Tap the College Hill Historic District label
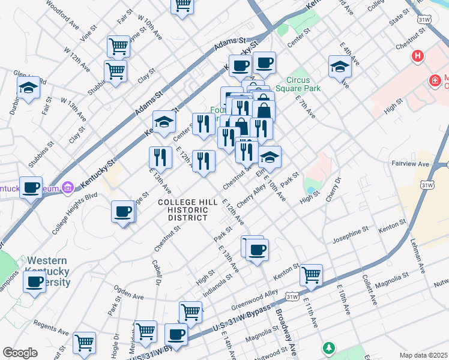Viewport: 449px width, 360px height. tap(183, 210)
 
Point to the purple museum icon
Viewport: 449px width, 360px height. tap(68, 188)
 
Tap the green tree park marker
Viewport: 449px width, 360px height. tap(328, 348)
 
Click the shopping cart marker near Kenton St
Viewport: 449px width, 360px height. tap(311, 275)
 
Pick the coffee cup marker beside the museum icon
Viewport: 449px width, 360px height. tap(31, 188)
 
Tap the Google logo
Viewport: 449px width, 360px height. tap(20, 353)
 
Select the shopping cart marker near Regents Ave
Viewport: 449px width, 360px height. tap(84, 343)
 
